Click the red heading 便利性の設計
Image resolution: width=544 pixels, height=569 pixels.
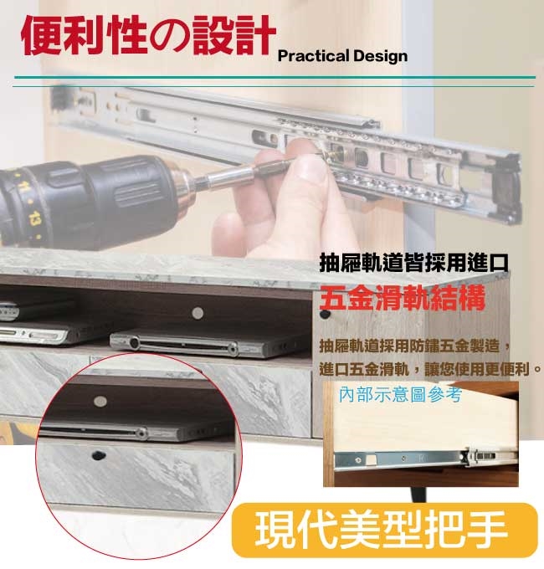(x=148, y=35)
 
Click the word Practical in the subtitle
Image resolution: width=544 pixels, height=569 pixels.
(x=313, y=56)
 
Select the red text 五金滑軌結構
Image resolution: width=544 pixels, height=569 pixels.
(x=402, y=298)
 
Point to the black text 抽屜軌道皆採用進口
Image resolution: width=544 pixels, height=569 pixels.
(x=413, y=263)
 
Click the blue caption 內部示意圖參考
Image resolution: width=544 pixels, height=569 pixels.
(x=400, y=394)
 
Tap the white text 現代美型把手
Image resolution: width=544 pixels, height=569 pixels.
(x=381, y=530)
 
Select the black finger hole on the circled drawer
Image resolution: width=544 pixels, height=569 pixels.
(x=97, y=454)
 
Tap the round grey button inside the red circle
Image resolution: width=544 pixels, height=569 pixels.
(x=100, y=401)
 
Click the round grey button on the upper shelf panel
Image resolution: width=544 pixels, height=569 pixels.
(x=198, y=313)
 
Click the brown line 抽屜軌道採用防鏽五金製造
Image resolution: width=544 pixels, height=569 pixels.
(x=415, y=346)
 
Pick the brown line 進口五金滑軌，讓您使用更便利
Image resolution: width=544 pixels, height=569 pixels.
(x=430, y=369)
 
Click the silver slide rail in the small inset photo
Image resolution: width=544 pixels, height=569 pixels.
(x=427, y=459)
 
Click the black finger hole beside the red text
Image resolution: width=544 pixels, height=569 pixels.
(x=325, y=314)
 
